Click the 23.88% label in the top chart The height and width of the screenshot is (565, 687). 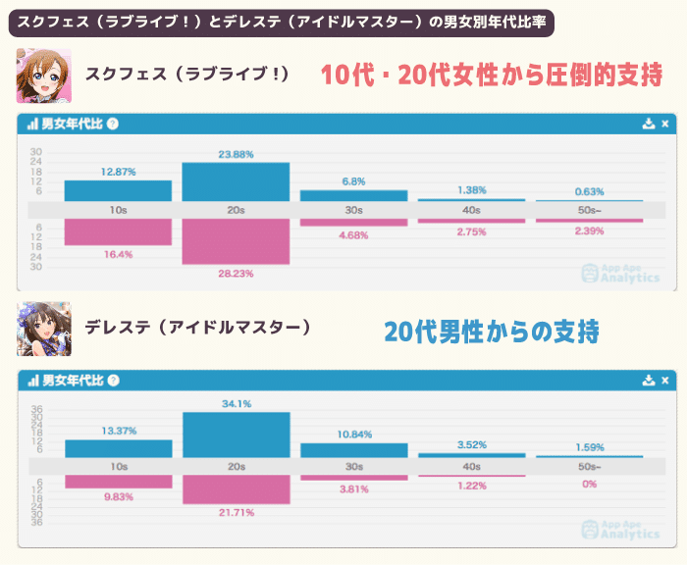click(x=236, y=154)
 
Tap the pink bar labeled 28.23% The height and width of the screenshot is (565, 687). click(x=236, y=241)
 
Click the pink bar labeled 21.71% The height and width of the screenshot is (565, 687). click(x=236, y=489)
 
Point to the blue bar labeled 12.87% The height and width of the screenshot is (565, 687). click(x=118, y=190)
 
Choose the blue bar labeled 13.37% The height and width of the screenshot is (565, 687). click(x=118, y=448)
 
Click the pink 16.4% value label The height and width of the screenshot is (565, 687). click(x=118, y=254)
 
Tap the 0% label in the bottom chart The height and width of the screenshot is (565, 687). click(x=589, y=485)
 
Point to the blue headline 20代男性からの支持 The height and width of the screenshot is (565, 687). click(x=491, y=332)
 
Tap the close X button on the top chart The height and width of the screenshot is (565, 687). click(x=664, y=125)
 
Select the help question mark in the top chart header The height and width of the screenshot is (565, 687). click(x=113, y=125)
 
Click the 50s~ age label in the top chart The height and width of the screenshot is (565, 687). click(x=589, y=210)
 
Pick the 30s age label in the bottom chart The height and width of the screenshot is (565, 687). click(x=353, y=467)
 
